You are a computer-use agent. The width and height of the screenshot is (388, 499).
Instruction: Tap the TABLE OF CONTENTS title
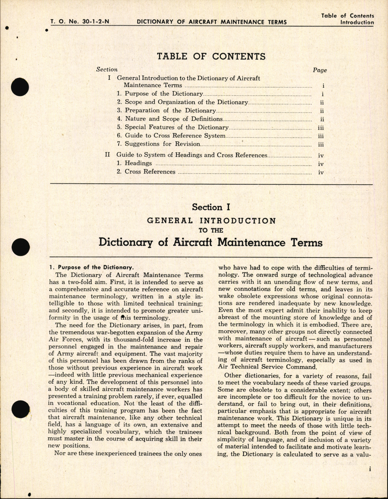211,56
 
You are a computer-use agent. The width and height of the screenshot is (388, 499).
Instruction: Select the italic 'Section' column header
107,70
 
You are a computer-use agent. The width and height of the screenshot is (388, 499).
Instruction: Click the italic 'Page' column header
320,70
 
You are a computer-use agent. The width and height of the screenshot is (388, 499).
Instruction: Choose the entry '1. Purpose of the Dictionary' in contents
160,94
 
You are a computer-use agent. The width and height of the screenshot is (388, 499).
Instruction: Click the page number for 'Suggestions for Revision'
321,145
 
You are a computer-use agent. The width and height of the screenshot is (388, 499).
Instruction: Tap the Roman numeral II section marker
107,155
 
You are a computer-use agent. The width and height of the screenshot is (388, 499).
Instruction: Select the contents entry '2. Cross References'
146,172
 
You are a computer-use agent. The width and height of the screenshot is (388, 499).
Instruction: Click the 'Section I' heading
211,207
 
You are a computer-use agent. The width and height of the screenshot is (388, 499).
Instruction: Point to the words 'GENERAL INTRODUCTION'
211,221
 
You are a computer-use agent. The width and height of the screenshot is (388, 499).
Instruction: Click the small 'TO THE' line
211,230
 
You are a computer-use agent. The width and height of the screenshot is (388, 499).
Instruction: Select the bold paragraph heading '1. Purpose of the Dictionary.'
91,267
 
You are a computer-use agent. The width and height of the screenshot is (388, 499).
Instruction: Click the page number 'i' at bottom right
370,478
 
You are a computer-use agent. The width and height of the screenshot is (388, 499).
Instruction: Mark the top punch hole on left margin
20,87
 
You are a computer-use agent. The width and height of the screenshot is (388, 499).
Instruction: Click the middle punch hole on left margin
21,247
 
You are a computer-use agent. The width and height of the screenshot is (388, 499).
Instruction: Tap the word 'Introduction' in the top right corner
357,22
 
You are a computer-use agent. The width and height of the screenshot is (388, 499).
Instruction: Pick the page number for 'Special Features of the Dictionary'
321,128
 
